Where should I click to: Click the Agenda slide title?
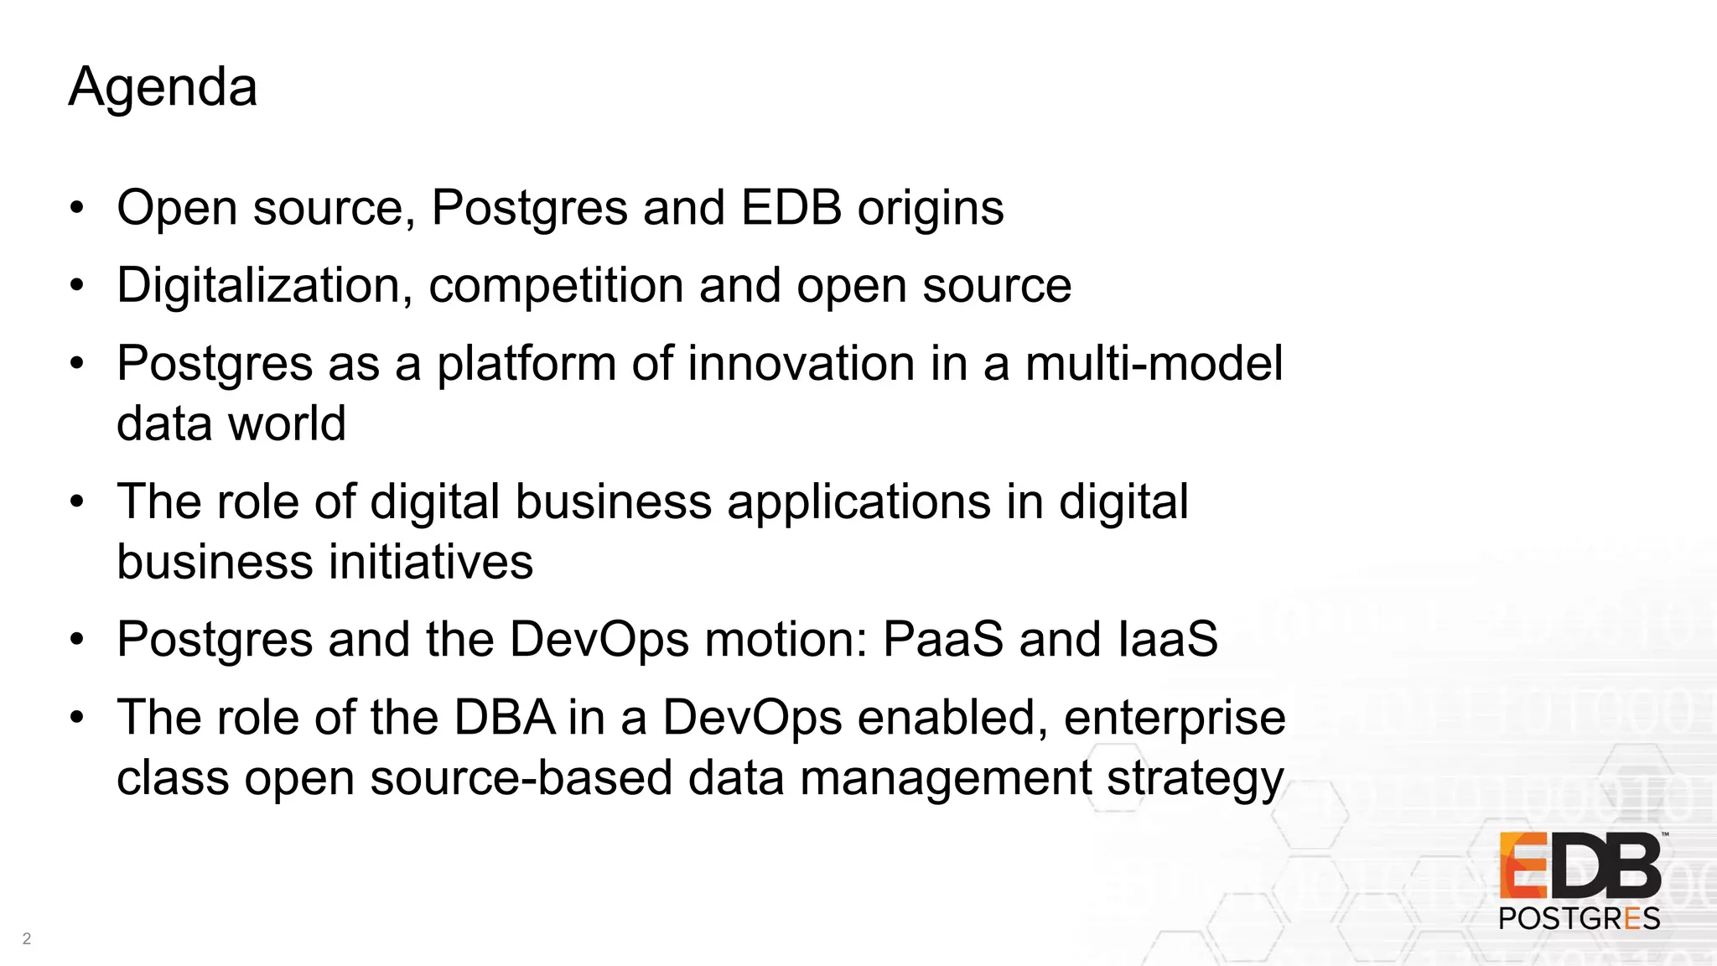pos(163,86)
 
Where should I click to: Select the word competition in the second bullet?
pos(556,286)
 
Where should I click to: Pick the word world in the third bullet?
pos(287,423)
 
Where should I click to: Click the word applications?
pos(858,502)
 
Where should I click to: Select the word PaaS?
pos(942,639)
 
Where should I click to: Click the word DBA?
pos(505,718)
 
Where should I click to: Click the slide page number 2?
pos(27,938)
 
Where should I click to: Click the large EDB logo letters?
pos(1580,866)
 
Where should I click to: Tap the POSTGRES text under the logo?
pos(1580,918)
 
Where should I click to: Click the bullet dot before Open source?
pos(77,207)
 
